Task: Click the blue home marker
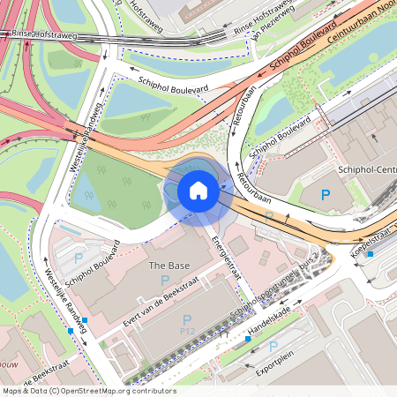point(198,191)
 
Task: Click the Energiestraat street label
point(228,254)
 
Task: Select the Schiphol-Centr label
point(366,170)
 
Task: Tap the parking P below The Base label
point(165,280)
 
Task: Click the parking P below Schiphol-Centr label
point(325,195)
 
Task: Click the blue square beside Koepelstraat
point(371,254)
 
